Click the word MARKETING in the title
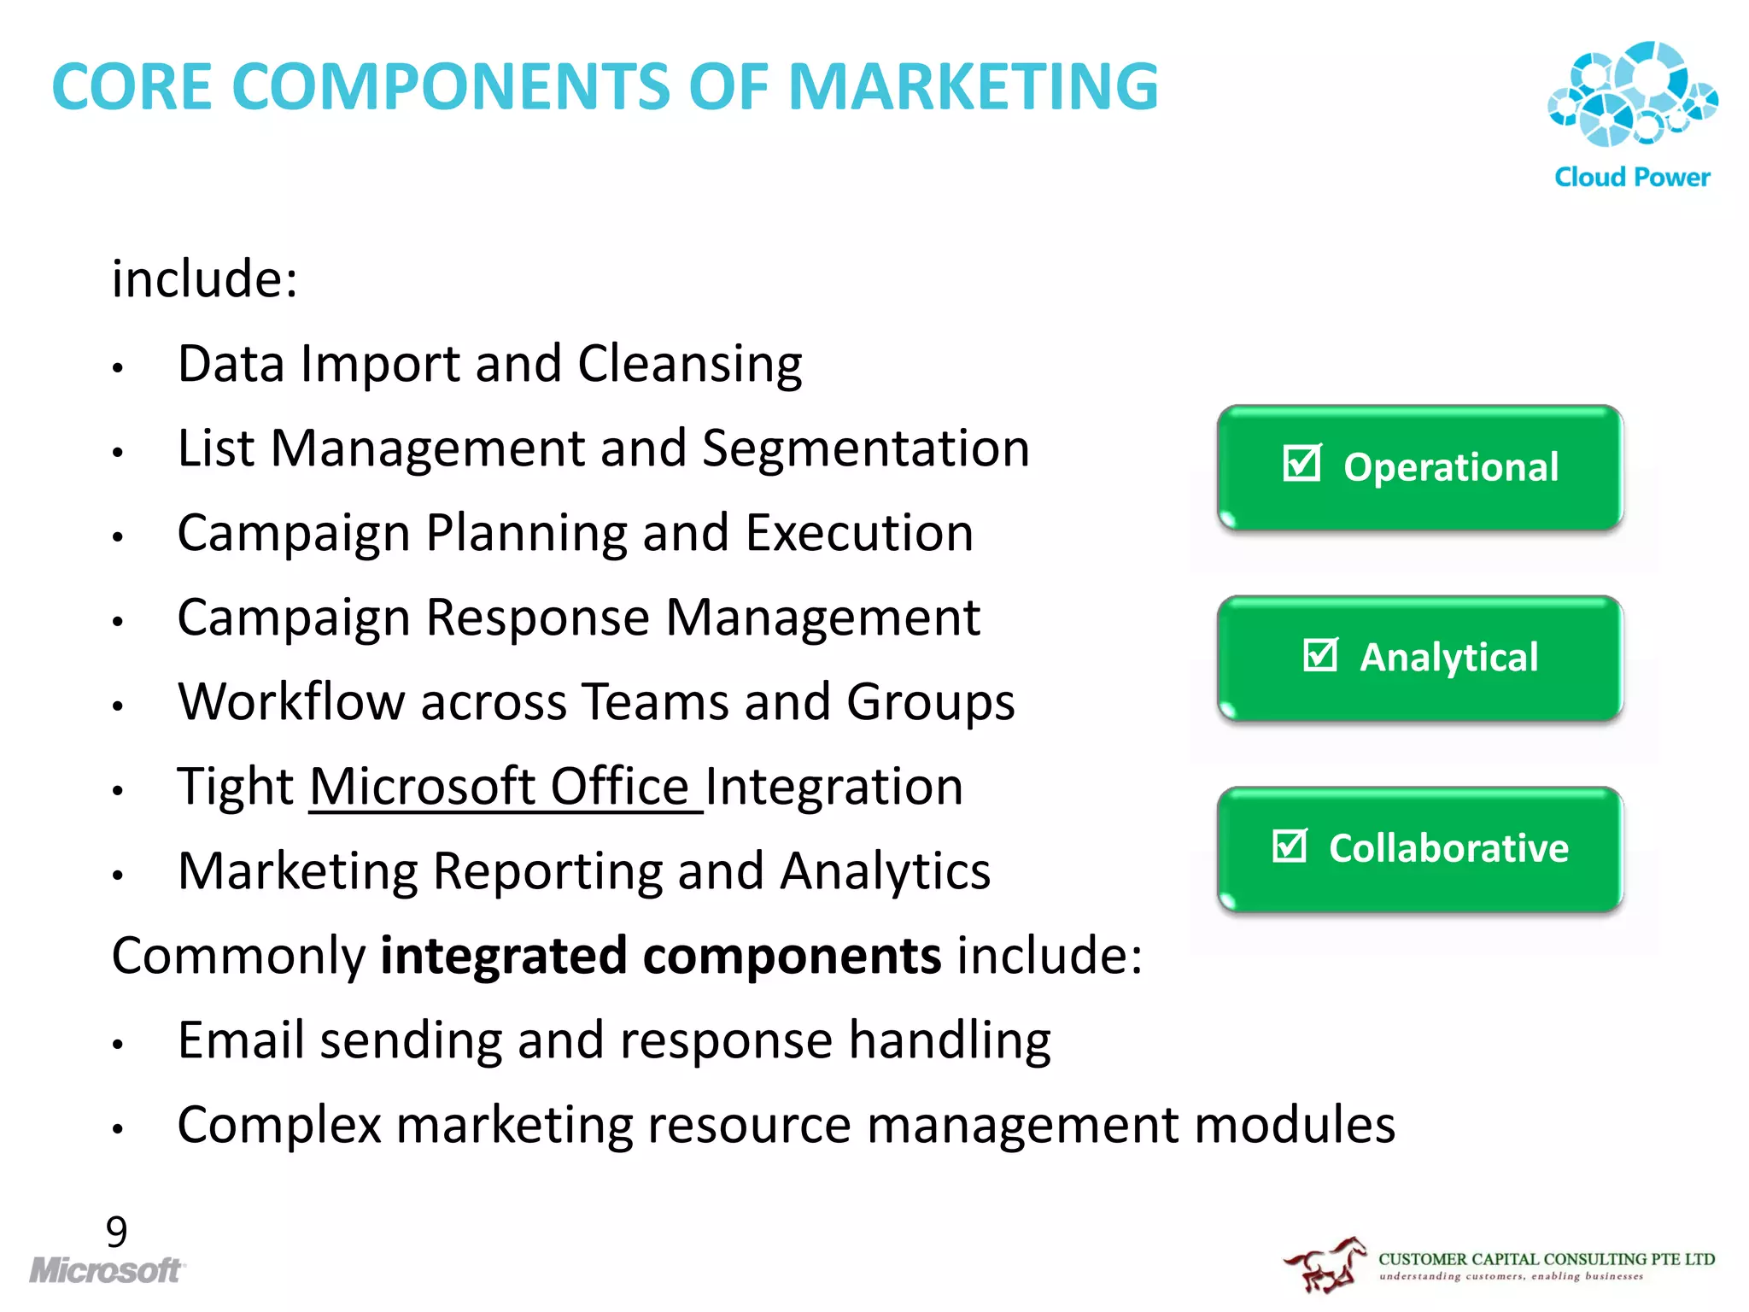(973, 87)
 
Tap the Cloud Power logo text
(1632, 178)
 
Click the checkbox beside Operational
(1302, 464)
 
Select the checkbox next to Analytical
(1320, 655)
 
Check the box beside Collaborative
(1290, 846)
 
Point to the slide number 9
(117, 1231)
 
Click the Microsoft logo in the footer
(107, 1270)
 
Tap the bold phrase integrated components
(661, 956)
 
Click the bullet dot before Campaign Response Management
(119, 622)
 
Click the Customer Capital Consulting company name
(1546, 1259)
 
